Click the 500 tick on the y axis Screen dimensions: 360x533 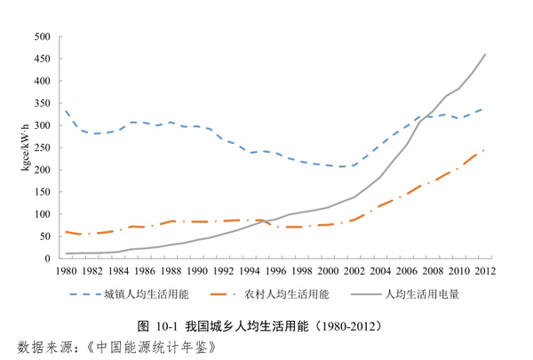click(x=42, y=36)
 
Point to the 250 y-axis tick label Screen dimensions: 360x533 click(x=42, y=148)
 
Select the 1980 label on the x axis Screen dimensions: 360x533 click(x=66, y=270)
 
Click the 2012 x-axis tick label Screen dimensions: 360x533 click(x=485, y=270)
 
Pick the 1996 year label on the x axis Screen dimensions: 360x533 click(x=275, y=270)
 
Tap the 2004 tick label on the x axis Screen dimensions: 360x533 click(x=380, y=270)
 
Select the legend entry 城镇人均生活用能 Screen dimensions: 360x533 click(x=147, y=292)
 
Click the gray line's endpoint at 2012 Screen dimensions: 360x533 click(x=485, y=54)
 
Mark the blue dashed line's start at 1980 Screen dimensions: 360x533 click(x=66, y=110)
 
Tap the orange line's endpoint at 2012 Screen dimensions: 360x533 click(x=485, y=149)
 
